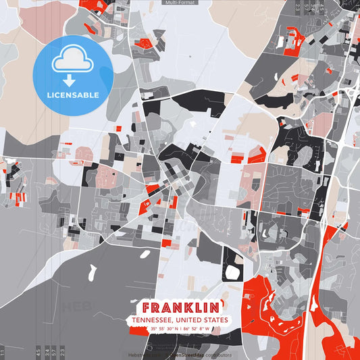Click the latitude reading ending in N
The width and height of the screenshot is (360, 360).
pos(164,329)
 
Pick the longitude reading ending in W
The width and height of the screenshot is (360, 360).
pos(197,329)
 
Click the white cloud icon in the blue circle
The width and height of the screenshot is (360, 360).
pos(72,61)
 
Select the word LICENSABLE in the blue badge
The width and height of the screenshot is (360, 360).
pos(72,95)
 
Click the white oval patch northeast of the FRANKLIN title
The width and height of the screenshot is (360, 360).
pos(232,273)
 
